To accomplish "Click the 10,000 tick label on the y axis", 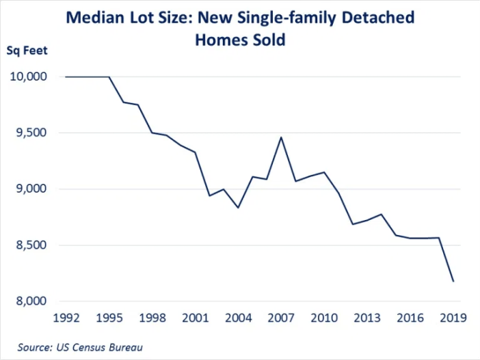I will pyautogui.click(x=27, y=77).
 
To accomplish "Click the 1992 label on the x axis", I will pyautogui.click(x=66, y=318).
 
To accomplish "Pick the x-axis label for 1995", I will pyautogui.click(x=109, y=318).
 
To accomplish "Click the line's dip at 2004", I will pyautogui.click(x=237, y=207).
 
